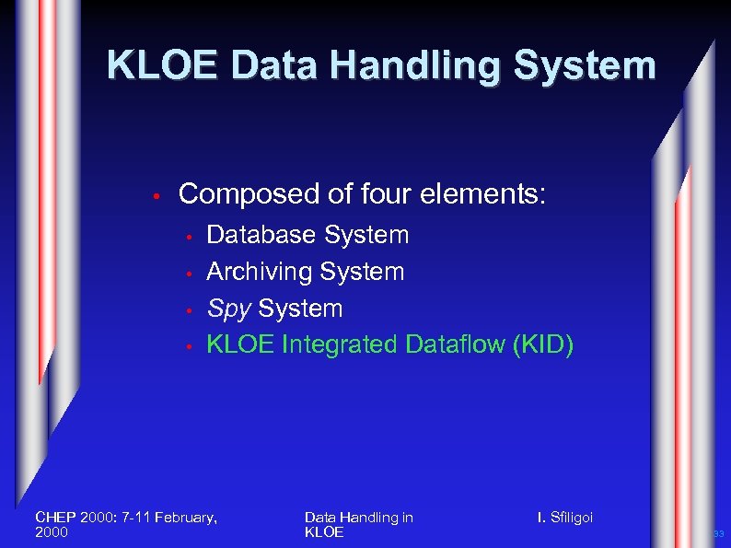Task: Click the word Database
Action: (x=261, y=235)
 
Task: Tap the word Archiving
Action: (x=260, y=272)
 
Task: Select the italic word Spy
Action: (x=228, y=309)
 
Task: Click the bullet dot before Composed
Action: (x=157, y=196)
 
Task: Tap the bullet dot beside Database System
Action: (x=187, y=237)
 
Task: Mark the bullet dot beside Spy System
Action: (x=187, y=310)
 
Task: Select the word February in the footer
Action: (x=184, y=518)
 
